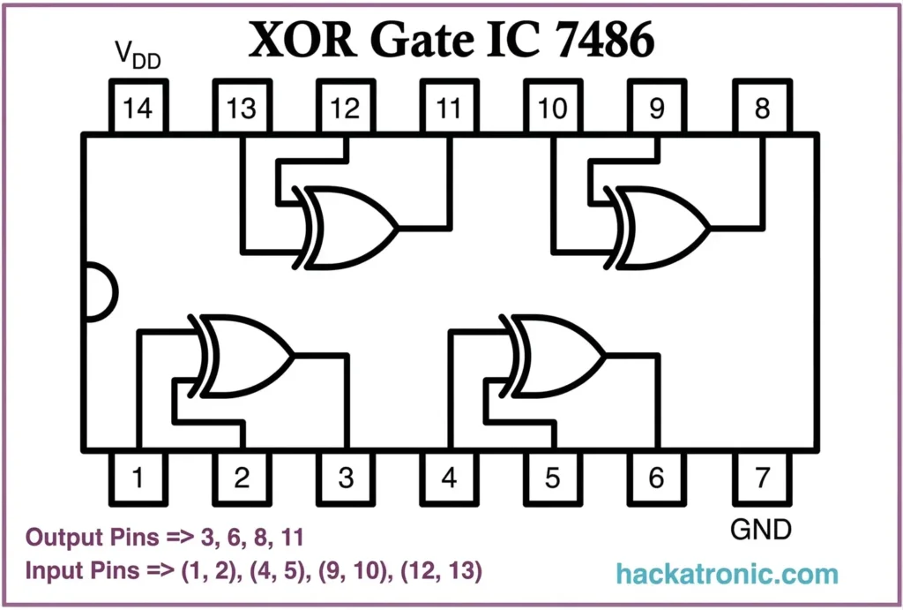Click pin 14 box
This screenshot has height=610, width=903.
(x=137, y=109)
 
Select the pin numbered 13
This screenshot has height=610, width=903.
(x=241, y=109)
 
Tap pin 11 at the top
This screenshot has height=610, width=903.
(x=449, y=109)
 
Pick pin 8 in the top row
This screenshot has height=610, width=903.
(x=762, y=109)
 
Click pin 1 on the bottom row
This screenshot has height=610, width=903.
(x=137, y=478)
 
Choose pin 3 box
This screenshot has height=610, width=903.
(x=345, y=478)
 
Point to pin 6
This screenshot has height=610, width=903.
(x=657, y=478)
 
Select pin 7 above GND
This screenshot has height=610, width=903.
(x=762, y=478)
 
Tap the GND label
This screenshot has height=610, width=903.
(x=761, y=529)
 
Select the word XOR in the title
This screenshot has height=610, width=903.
(x=295, y=40)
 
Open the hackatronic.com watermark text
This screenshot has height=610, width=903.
(x=728, y=574)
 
